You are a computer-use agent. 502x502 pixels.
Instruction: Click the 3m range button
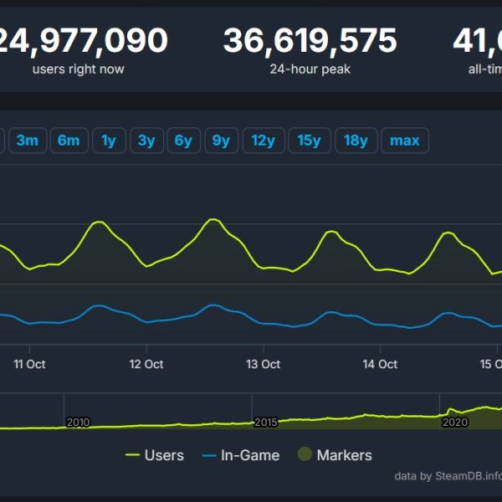coord(27,141)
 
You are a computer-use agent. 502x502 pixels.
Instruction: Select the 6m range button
coord(69,141)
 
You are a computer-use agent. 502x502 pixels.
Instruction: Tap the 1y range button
coord(109,141)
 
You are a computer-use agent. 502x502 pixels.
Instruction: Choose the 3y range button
coord(146,141)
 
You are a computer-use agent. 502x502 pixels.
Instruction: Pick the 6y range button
coord(183,141)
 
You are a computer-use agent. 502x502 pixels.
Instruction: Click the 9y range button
coord(221,141)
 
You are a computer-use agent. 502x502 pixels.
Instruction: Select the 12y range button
coord(263,141)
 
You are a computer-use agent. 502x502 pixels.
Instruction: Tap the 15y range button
coord(310,141)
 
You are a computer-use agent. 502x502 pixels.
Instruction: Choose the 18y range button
coord(356,141)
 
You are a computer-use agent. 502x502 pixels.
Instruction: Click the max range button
coord(405,141)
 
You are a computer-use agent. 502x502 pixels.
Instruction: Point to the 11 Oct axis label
coord(29,365)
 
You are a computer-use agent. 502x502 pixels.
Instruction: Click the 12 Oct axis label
coord(146,365)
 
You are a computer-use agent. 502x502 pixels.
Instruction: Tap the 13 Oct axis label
coord(264,365)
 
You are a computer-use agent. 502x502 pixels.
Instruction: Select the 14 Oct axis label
coord(381,365)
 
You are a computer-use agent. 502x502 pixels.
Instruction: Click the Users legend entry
coord(155,455)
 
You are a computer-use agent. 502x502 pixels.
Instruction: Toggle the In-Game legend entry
coord(241,455)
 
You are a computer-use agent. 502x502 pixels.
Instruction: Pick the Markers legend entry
coord(335,455)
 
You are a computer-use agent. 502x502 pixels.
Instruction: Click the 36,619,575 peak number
coord(310,39)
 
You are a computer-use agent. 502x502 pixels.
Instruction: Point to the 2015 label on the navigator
coord(265,423)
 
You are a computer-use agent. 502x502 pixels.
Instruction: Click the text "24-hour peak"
coord(310,69)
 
